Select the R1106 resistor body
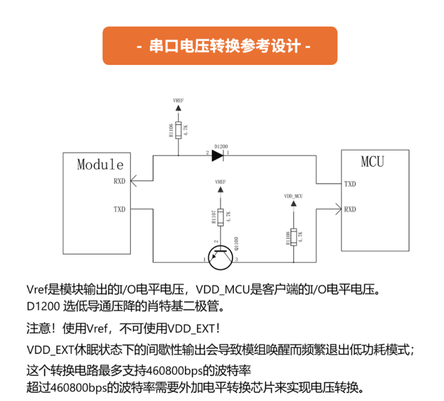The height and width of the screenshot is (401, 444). (178, 130)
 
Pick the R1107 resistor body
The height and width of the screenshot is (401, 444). (220, 217)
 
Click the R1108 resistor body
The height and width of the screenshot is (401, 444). (294, 236)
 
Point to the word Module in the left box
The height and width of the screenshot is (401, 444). (100, 165)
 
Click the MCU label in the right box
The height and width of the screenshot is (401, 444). (372, 162)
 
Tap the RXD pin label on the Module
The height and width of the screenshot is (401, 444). (119, 181)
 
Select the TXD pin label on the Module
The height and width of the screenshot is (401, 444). (119, 209)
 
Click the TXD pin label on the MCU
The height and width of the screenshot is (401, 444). (350, 184)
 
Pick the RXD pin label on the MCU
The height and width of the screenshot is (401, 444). (350, 209)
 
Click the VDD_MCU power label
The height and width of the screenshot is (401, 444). (294, 196)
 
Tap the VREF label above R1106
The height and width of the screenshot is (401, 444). (179, 101)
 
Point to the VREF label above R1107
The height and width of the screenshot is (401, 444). (220, 182)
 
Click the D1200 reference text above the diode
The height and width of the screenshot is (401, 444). (221, 146)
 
